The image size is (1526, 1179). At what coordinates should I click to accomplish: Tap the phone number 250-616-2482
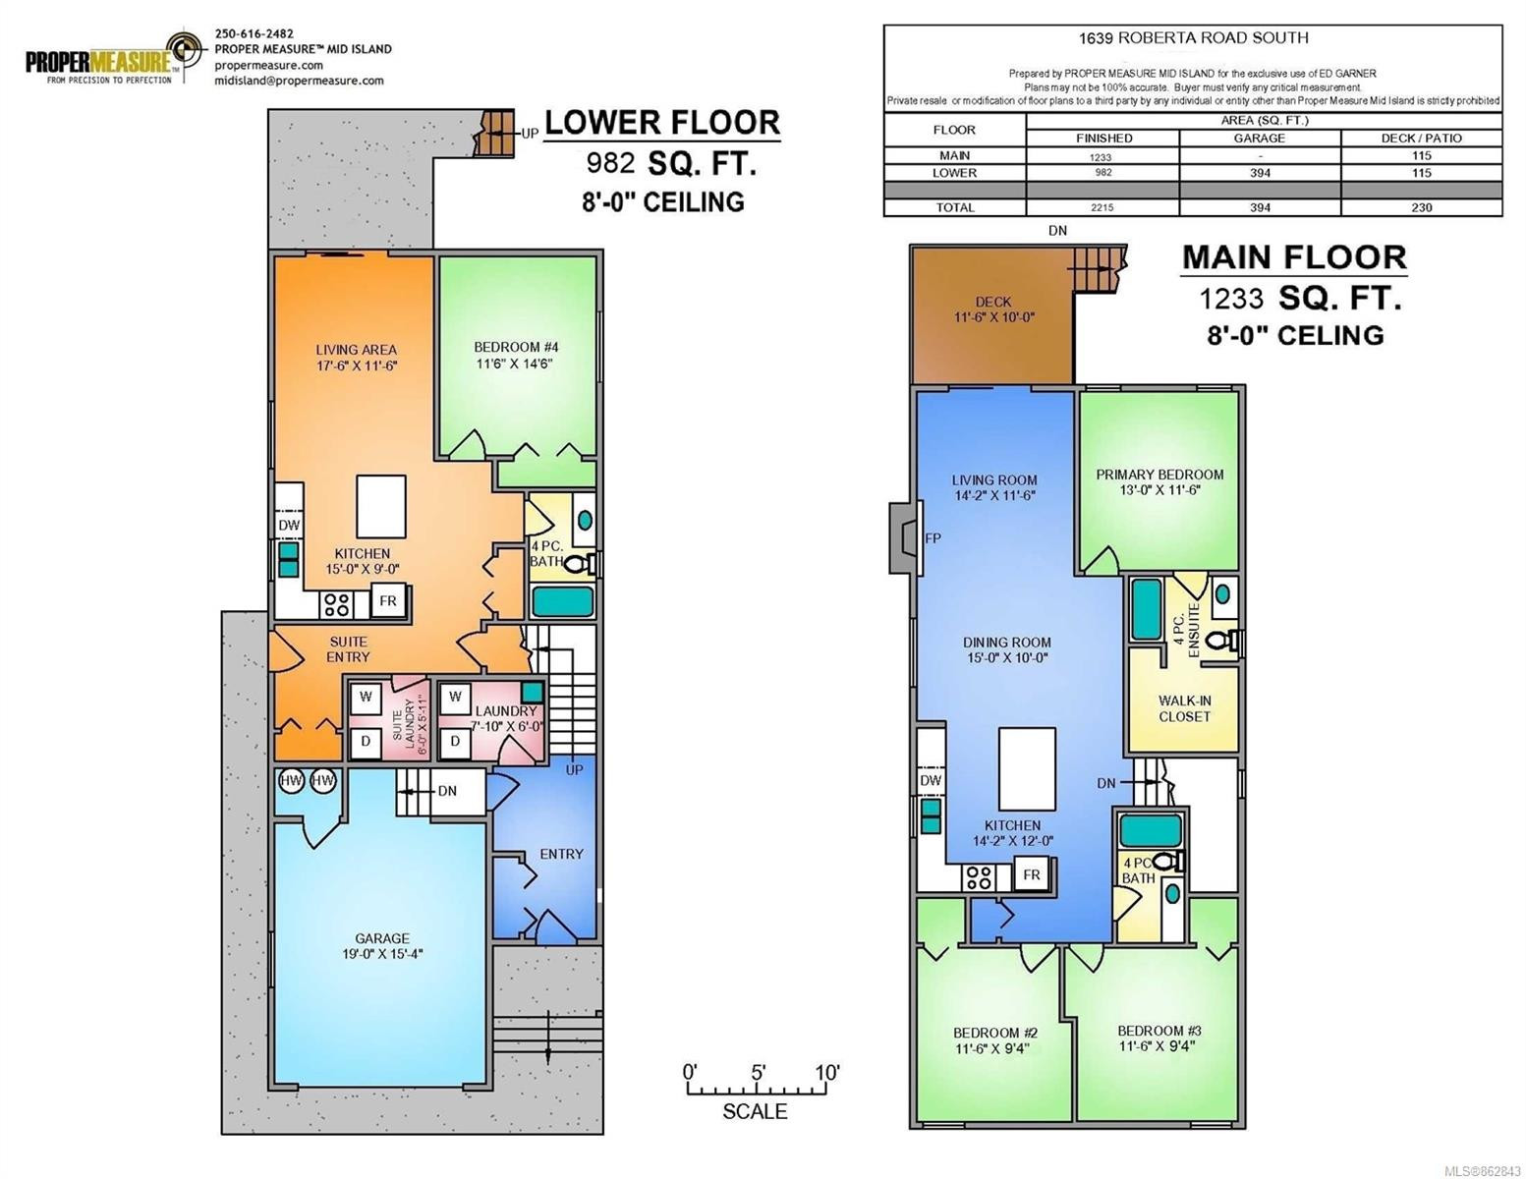254,33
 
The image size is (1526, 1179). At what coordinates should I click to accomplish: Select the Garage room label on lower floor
381,945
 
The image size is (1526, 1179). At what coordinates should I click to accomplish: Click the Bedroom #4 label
516,356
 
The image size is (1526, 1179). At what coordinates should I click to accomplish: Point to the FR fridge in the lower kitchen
388,601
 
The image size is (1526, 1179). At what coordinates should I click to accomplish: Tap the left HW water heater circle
291,781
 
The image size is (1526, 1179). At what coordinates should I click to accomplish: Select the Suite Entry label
348,648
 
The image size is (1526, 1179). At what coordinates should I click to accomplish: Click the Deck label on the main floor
993,309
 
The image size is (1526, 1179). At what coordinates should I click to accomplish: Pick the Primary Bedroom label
1159,481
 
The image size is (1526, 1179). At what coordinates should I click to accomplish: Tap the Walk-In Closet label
1184,708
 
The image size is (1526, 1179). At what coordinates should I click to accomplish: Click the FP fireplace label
933,538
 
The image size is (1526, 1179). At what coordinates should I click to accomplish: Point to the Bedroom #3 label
1159,1038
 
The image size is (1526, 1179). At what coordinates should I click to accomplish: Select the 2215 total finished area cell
1102,207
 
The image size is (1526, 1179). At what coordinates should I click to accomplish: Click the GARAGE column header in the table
1259,139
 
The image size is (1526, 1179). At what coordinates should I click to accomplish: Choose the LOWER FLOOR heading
662,123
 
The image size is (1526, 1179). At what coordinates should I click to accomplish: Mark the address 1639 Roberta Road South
1193,38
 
